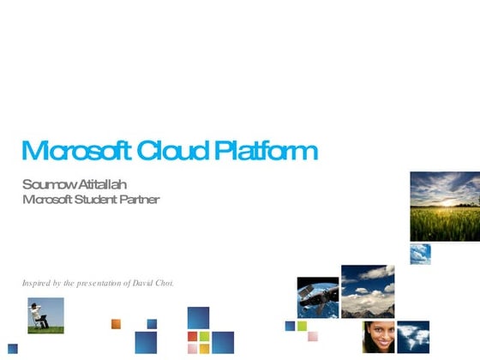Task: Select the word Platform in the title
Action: click(x=266, y=152)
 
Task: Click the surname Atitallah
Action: click(x=102, y=185)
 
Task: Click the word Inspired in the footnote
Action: click(x=36, y=282)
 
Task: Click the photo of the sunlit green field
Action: click(x=444, y=207)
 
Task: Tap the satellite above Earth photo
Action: click(x=317, y=297)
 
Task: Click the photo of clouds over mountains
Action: click(x=368, y=291)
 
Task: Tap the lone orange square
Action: click(x=117, y=323)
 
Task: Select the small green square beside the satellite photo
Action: click(x=303, y=326)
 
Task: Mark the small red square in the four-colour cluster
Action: click(x=193, y=336)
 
